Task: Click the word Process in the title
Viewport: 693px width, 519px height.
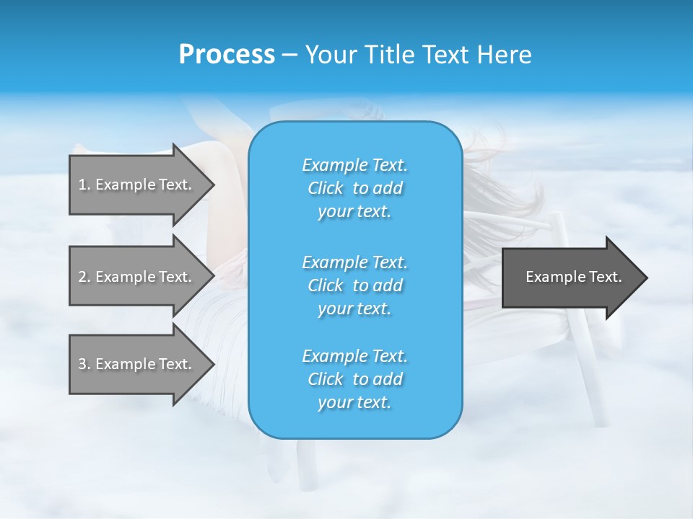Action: pyautogui.click(x=227, y=55)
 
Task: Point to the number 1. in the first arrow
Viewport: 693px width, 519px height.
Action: pyautogui.click(x=84, y=185)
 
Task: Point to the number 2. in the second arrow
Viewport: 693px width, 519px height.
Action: pyautogui.click(x=84, y=277)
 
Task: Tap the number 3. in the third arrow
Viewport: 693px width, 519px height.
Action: pyautogui.click(x=84, y=364)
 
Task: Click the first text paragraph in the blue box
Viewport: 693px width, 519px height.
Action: pyautogui.click(x=354, y=188)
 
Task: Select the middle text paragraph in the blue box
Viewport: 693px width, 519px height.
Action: pyautogui.click(x=354, y=285)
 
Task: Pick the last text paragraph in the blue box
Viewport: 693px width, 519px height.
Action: pyautogui.click(x=354, y=379)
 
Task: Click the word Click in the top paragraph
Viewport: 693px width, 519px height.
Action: pyautogui.click(x=326, y=189)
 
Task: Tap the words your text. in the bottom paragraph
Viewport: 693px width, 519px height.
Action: pyautogui.click(x=354, y=403)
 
